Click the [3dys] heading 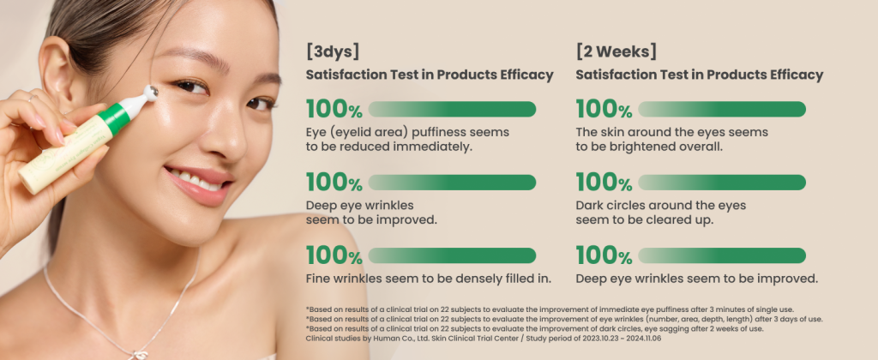(x=332, y=51)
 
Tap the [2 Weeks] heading (x=616, y=51)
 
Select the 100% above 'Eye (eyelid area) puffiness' (x=334, y=109)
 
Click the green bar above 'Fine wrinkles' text (x=452, y=256)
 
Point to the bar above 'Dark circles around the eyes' (x=722, y=183)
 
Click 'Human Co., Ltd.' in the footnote (x=406, y=339)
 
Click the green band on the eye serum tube (x=116, y=117)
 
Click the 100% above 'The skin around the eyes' (x=604, y=109)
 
